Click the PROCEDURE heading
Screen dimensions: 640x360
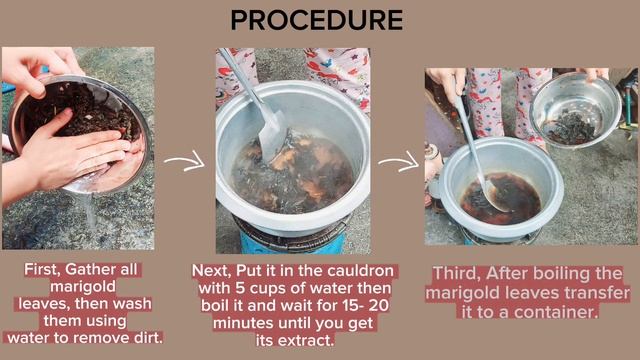(317, 20)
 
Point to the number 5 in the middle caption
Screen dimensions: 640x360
(240, 288)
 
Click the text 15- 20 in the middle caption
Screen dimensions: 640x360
(366, 306)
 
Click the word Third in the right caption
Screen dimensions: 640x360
(457, 273)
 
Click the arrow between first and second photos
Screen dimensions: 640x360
(184, 160)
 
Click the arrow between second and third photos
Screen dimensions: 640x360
(399, 162)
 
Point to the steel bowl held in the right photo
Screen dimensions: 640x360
(576, 109)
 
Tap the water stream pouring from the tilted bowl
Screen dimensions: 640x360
(91, 211)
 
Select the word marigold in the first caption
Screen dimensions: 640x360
(83, 287)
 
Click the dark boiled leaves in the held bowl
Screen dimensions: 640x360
(570, 127)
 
